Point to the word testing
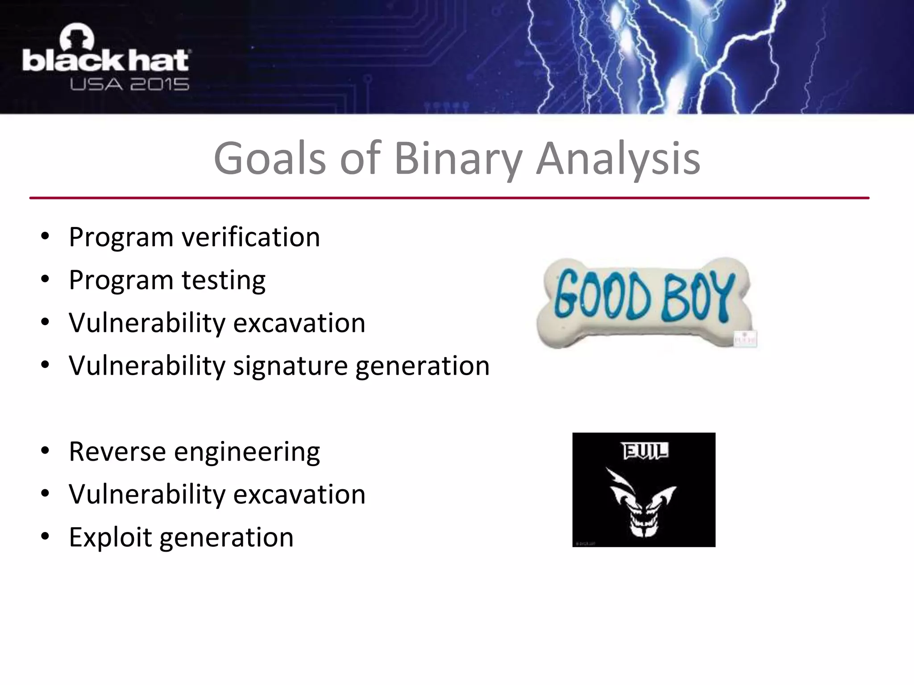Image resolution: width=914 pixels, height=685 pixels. pyautogui.click(x=223, y=280)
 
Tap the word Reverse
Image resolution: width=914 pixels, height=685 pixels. pyautogui.click(x=117, y=451)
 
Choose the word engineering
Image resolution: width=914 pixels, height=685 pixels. pyautogui.click(x=247, y=452)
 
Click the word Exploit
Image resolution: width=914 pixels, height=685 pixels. pyautogui.click(x=110, y=537)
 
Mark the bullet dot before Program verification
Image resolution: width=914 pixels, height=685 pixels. pyautogui.click(x=45, y=237)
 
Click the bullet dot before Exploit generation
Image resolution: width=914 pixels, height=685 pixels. pyautogui.click(x=45, y=537)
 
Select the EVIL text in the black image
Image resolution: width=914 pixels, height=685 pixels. pyautogui.click(x=645, y=451)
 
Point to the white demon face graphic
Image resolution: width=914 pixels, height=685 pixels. pyautogui.click(x=643, y=504)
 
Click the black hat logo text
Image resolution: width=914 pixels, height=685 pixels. pyautogui.click(x=106, y=60)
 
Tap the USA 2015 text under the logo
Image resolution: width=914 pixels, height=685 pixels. pyautogui.click(x=129, y=84)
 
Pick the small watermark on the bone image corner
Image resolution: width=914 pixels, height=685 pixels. pyautogui.click(x=745, y=339)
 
